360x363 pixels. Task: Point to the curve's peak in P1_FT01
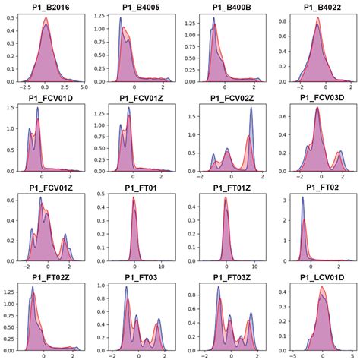click(134, 199)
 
